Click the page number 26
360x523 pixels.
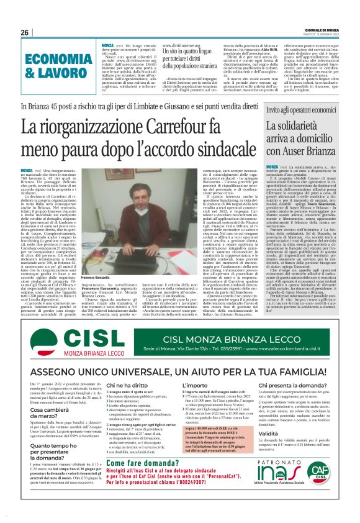click(x=25, y=32)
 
